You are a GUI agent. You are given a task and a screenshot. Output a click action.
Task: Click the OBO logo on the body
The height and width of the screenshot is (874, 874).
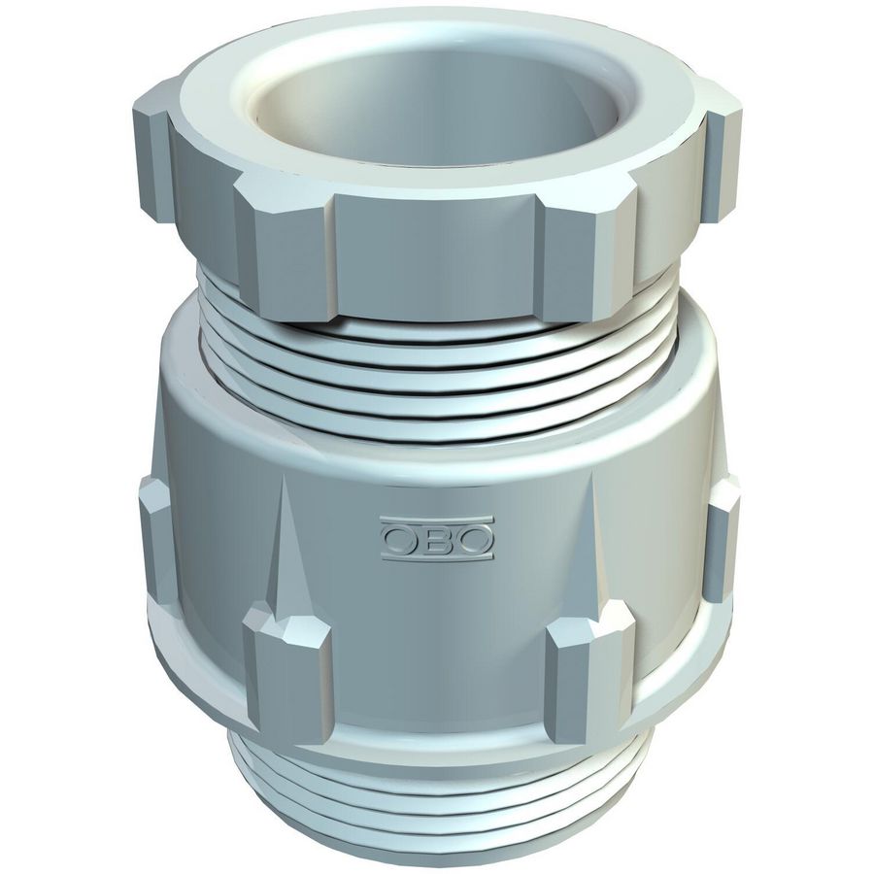pyautogui.click(x=437, y=538)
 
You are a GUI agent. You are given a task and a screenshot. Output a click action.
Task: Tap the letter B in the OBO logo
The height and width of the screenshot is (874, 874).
pyautogui.click(x=437, y=539)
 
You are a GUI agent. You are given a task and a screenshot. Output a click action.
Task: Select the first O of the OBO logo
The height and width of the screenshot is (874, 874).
pyautogui.click(x=400, y=539)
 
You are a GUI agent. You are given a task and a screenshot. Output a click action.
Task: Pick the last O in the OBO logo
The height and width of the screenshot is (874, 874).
pyautogui.click(x=474, y=539)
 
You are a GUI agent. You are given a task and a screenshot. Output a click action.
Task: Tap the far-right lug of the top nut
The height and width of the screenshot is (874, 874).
pyautogui.click(x=723, y=163)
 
